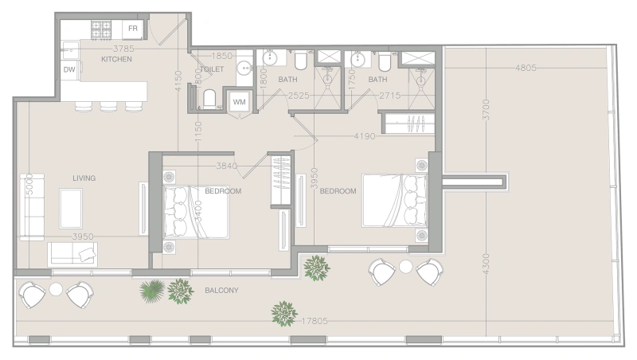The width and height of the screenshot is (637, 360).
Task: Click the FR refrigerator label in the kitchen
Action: click(133, 29)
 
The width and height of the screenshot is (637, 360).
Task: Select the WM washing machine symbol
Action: click(239, 101)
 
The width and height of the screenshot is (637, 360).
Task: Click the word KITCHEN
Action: click(115, 60)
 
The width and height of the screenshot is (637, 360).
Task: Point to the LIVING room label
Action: click(83, 178)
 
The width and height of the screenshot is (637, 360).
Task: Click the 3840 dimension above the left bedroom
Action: click(227, 166)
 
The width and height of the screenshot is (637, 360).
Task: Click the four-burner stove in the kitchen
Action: click(102, 29)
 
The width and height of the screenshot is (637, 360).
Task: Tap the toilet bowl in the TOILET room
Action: click(209, 99)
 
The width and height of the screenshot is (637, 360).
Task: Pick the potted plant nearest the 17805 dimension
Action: click(283, 312)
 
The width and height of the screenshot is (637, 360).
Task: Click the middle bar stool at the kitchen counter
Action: click(107, 105)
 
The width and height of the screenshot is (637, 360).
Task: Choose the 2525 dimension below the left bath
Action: click(299, 96)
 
